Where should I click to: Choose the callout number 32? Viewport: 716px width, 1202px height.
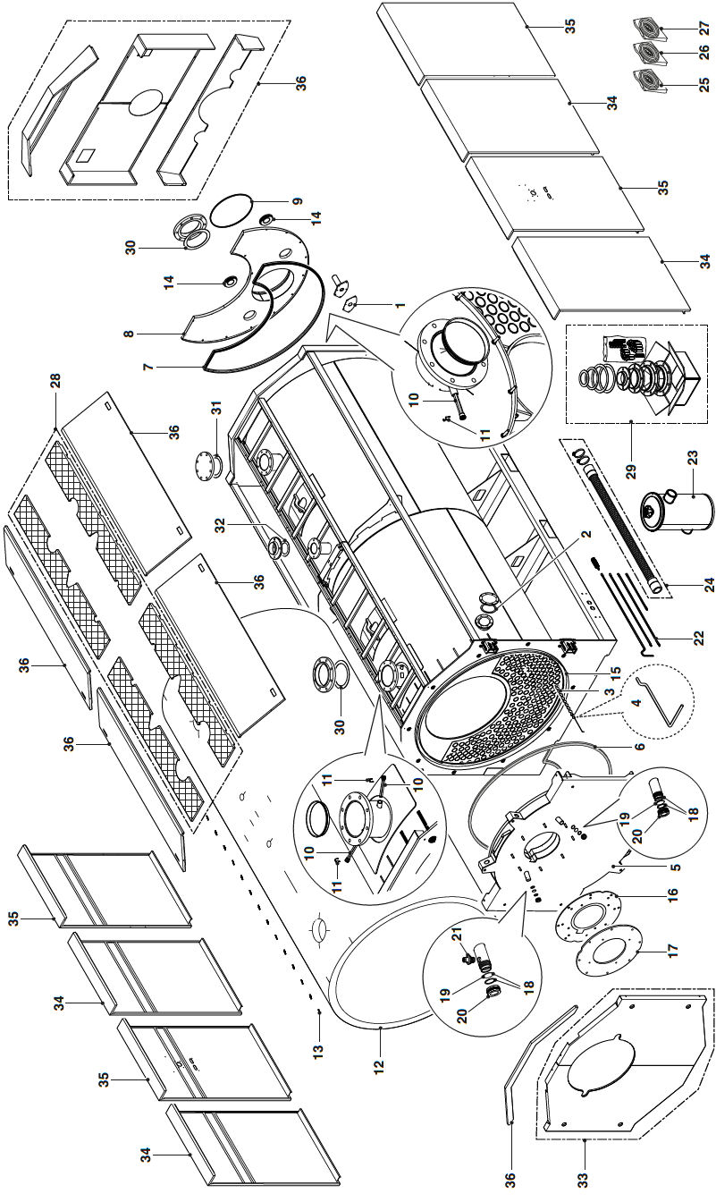click(228, 526)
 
